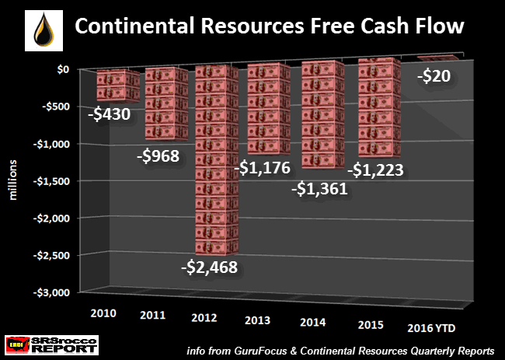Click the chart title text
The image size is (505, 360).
coord(268,28)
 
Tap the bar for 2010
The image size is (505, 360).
coord(119,86)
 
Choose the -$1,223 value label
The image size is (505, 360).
coord(377,170)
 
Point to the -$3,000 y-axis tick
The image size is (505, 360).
coord(51,292)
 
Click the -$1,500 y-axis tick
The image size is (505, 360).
coord(51,180)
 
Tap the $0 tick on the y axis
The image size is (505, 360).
coord(63,69)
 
